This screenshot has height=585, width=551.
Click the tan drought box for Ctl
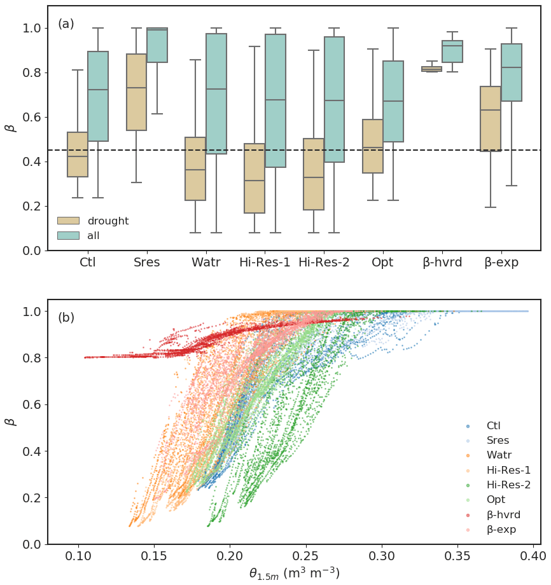[78, 155]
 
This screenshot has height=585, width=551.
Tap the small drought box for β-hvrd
[431, 69]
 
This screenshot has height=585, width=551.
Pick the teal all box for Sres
[157, 45]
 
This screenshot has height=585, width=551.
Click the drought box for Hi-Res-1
[255, 178]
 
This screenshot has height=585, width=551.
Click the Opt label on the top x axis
[383, 262]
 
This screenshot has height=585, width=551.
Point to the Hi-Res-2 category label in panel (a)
[324, 262]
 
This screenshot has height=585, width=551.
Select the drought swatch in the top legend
[68, 221]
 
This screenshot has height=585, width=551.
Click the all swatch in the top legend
[68, 235]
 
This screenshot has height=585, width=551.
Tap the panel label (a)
[66, 24]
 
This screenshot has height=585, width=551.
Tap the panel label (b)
[66, 317]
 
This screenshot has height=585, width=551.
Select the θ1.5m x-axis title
[294, 574]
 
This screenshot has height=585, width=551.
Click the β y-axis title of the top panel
[10, 128]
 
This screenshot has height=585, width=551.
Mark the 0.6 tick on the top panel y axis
[33, 117]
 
